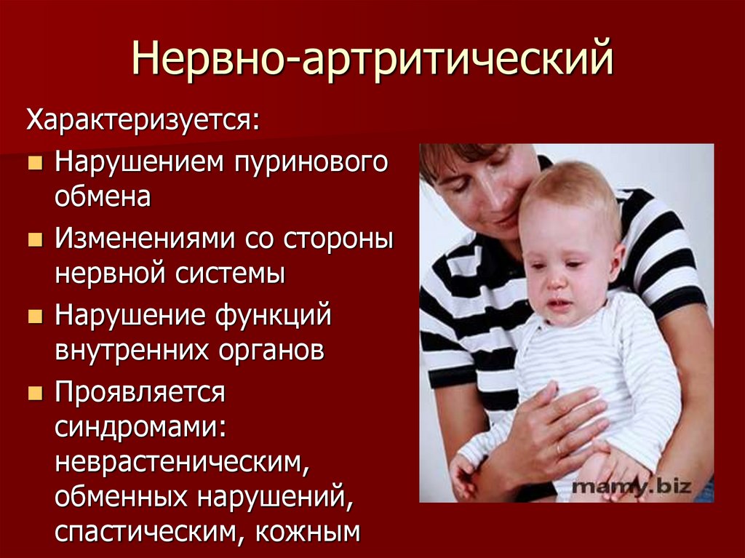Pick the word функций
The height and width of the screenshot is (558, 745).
274,316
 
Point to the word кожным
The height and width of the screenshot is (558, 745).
308,532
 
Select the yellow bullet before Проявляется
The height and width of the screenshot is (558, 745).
34,394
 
